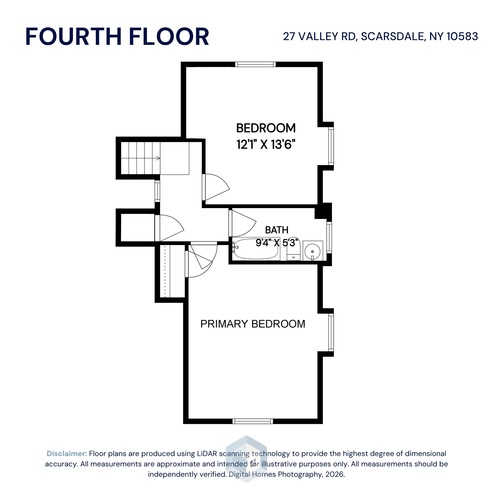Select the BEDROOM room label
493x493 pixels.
coord(266,128)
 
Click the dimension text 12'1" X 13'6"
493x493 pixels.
coord(266,144)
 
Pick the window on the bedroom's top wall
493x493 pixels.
coord(255,64)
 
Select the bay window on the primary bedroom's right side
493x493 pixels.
coord(331,332)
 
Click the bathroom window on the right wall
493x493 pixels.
coord(329,238)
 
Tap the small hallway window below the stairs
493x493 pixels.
coord(157,191)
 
